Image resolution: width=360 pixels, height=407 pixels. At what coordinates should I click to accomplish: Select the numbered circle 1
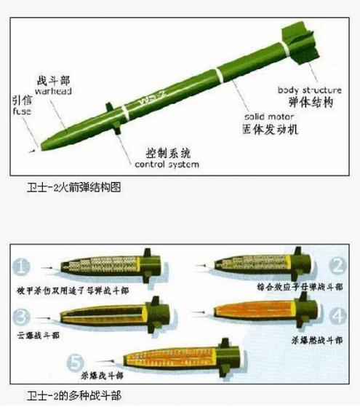(23, 266)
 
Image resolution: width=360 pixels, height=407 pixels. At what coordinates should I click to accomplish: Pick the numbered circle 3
(23, 315)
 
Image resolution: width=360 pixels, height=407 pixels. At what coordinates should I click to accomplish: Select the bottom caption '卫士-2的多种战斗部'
(71, 398)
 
